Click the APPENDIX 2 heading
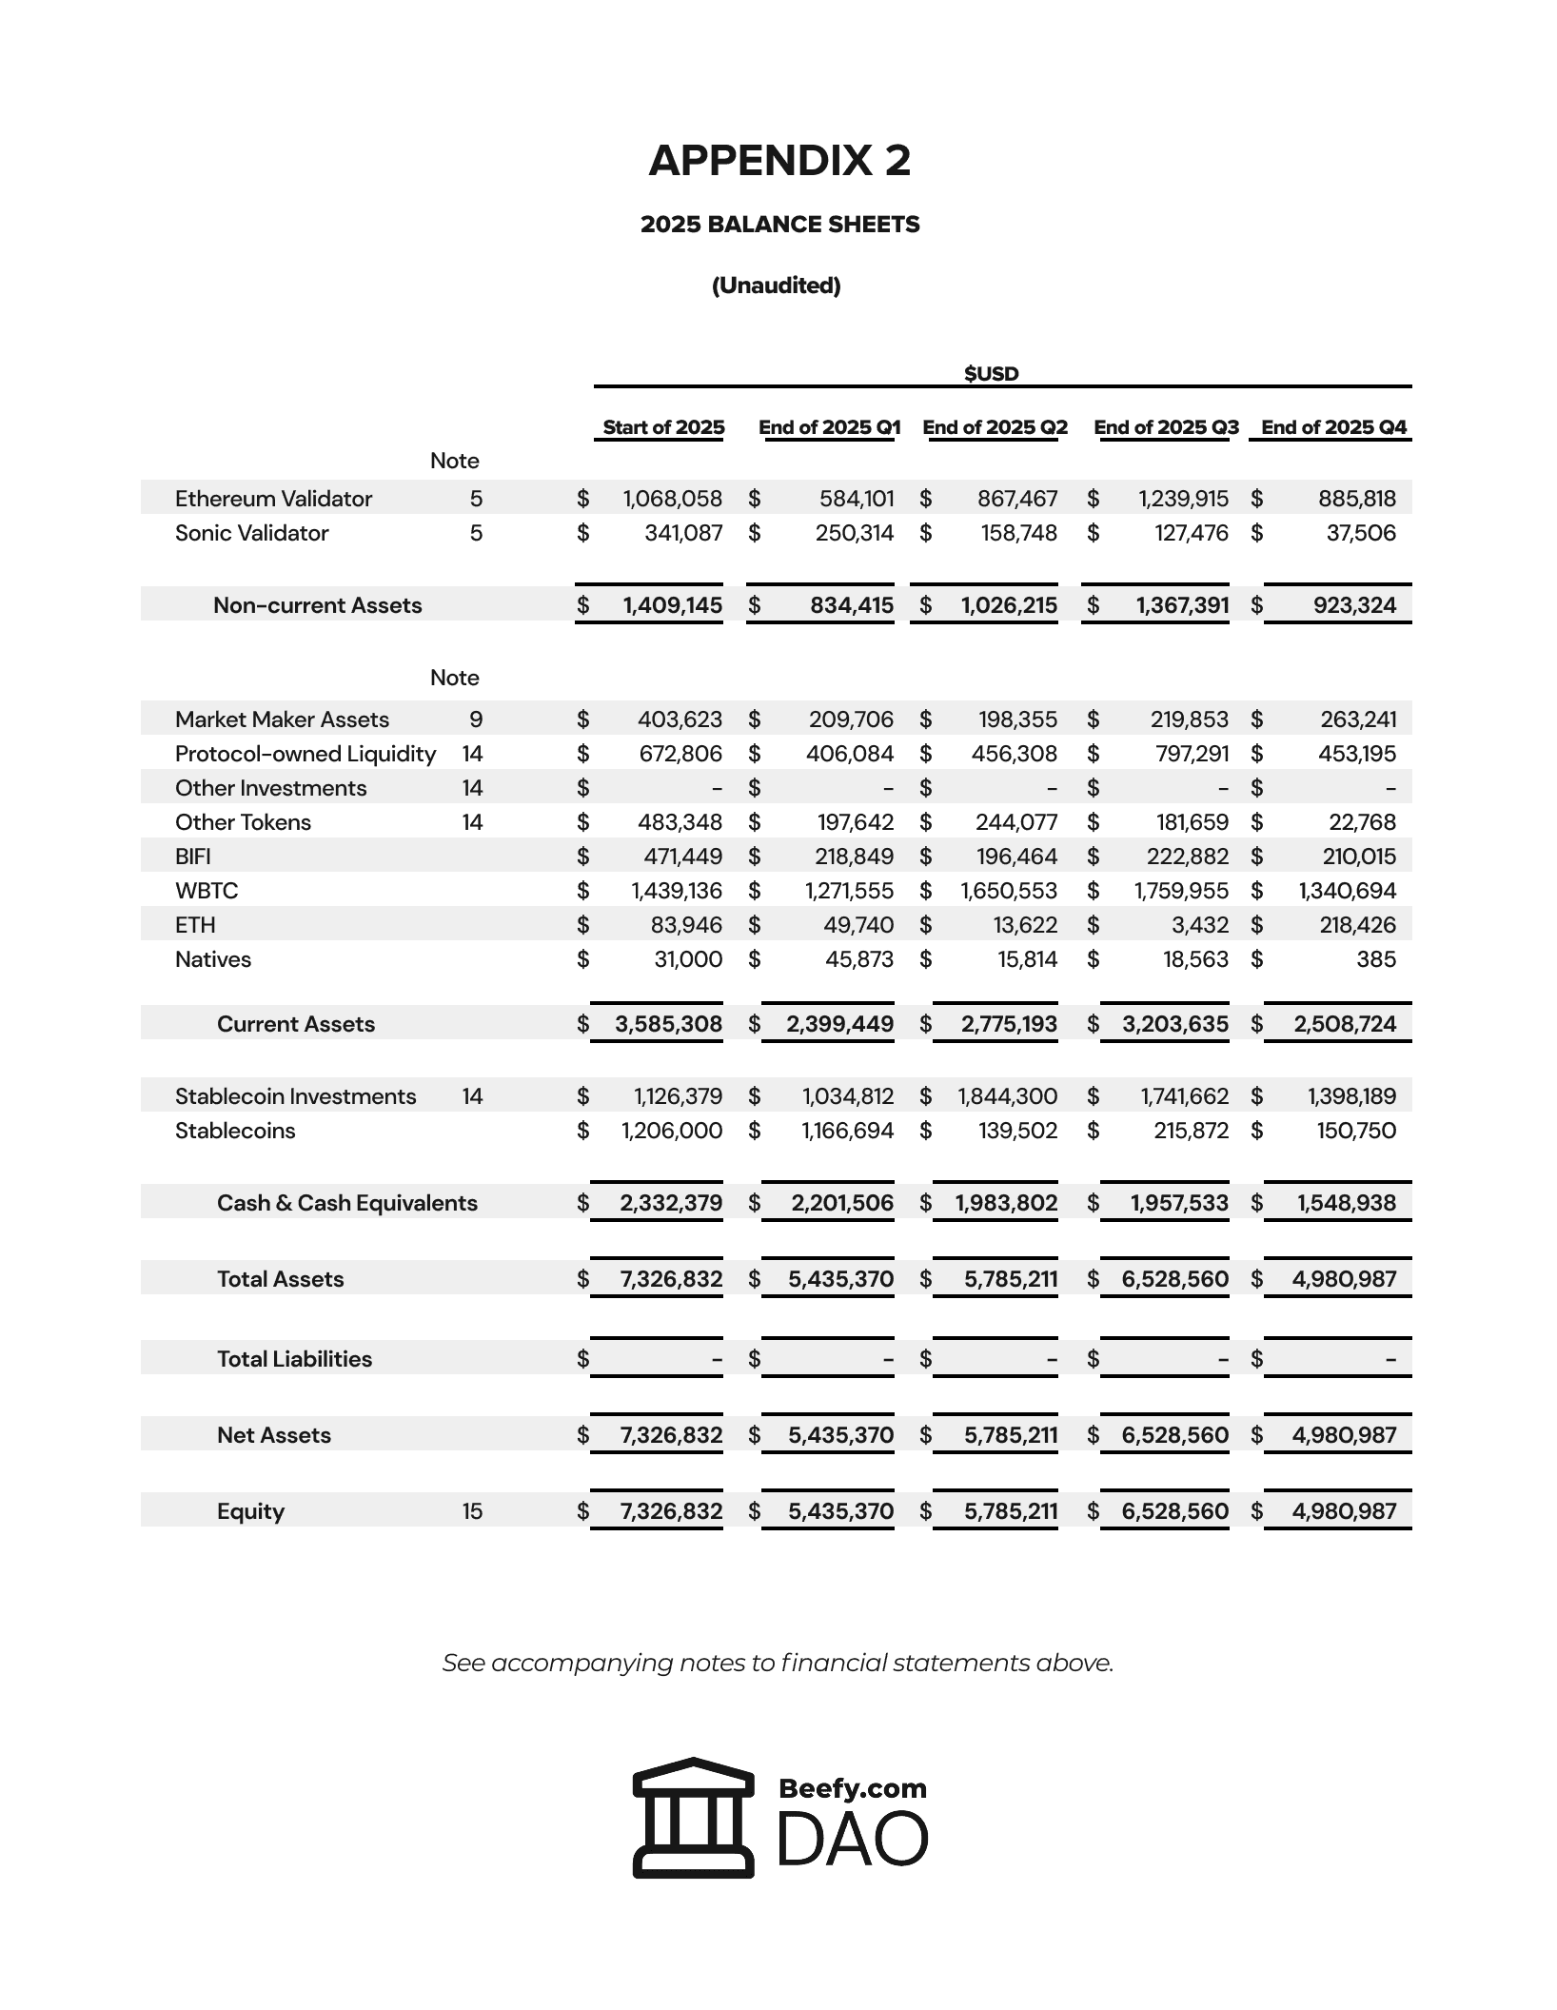click(779, 161)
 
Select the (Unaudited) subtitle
click(776, 286)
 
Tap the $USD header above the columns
click(991, 373)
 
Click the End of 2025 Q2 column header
click(995, 427)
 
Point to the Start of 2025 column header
click(663, 427)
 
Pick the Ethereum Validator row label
click(273, 499)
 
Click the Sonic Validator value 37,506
click(1361, 533)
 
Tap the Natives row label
click(213, 959)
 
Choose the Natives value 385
click(1376, 959)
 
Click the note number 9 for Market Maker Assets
click(476, 719)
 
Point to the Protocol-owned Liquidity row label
click(305, 754)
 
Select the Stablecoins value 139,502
click(1018, 1131)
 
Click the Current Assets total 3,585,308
click(668, 1024)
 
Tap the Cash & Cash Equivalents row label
click(346, 1203)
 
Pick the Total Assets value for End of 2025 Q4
click(1344, 1279)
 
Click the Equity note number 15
click(472, 1511)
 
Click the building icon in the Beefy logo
click(693, 1817)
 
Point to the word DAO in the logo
click(852, 1839)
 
